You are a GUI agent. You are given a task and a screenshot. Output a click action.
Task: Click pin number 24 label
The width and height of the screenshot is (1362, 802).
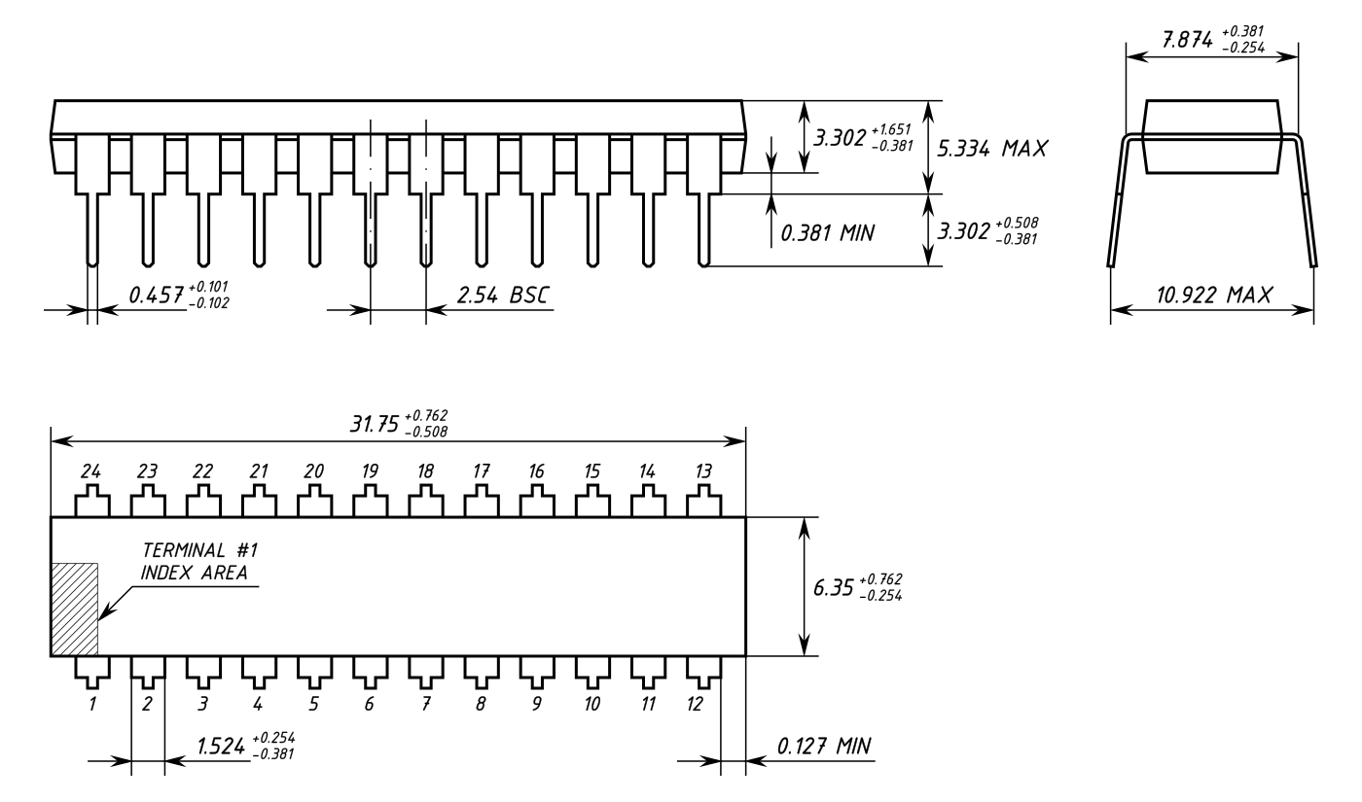click(x=91, y=471)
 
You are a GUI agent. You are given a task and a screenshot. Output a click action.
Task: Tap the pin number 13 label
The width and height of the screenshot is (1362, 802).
click(x=703, y=471)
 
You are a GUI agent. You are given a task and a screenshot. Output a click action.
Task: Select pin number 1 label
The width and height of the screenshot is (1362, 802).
click(x=92, y=704)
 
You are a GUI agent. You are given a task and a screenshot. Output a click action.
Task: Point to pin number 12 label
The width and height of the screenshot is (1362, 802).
click(x=695, y=704)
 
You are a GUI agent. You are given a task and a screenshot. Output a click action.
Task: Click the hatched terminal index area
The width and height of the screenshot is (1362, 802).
click(x=74, y=610)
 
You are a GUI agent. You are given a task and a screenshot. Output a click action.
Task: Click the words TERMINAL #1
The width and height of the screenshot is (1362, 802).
click(x=200, y=550)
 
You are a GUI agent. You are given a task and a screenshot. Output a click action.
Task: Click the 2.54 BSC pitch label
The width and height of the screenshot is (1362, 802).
click(x=503, y=296)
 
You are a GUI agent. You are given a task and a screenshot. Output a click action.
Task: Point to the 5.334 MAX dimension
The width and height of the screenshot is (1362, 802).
click(x=991, y=148)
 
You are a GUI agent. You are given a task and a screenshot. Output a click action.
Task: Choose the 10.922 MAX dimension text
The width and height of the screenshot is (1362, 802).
click(x=1214, y=296)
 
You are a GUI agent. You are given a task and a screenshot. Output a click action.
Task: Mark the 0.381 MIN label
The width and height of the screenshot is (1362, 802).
click(x=827, y=232)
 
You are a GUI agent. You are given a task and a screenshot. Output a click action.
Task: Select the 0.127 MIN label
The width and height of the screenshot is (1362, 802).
click(x=824, y=747)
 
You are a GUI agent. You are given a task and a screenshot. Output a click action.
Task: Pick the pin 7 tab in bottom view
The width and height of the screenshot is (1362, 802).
click(x=426, y=670)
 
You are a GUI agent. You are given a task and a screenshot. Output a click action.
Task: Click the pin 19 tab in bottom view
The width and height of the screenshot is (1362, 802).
click(x=371, y=502)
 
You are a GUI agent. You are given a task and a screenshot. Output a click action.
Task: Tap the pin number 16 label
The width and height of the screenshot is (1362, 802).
click(x=536, y=471)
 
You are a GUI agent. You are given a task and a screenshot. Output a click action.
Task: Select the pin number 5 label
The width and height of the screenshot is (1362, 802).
click(x=313, y=704)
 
